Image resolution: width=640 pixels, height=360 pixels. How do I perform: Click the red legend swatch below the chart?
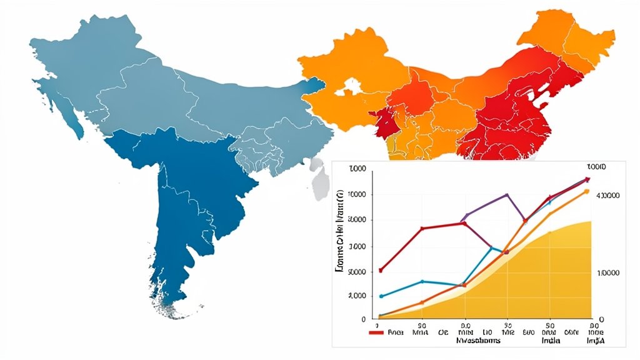coord(376,333)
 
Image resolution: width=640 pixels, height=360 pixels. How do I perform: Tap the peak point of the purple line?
coord(507,194)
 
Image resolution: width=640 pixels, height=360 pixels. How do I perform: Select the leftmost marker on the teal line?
coord(381,296)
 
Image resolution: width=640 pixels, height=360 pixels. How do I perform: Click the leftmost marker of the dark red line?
coord(381,270)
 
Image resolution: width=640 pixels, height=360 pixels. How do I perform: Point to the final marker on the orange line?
coord(586,191)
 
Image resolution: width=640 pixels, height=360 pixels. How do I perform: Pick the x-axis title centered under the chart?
coord(478,342)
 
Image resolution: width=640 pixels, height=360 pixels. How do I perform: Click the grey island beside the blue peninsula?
coord(321,182)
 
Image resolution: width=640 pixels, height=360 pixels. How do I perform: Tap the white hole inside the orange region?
coord(351,88)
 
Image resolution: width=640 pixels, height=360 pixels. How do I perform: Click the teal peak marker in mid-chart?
coord(491,247)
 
